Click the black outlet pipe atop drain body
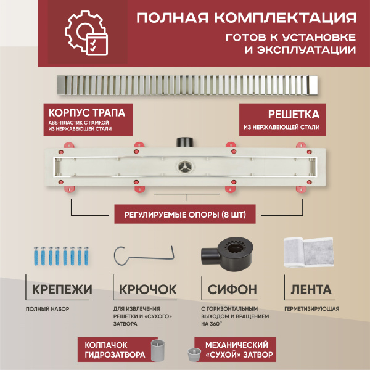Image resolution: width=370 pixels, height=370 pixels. (x=184, y=142)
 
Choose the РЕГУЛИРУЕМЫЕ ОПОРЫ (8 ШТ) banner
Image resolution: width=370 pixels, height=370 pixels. (x=184, y=215)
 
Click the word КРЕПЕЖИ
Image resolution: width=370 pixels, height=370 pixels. (x=60, y=289)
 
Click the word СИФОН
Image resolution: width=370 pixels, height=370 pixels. (x=228, y=289)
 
